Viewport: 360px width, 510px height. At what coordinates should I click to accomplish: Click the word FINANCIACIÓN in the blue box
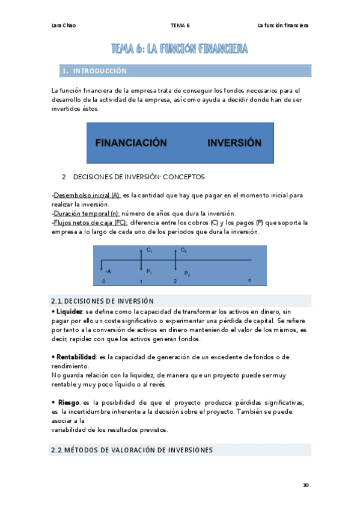point(130,143)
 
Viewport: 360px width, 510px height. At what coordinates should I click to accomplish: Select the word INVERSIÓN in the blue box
point(234,143)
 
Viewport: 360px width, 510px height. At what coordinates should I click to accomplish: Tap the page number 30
point(306,485)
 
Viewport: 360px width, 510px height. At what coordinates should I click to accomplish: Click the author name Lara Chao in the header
point(64,26)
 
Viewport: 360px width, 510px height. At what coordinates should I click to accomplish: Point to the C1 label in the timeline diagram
point(149,250)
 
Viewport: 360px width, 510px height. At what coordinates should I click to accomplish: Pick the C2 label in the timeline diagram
point(183,250)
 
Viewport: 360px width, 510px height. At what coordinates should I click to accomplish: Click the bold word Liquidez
point(69,312)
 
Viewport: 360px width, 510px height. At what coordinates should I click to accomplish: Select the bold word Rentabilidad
point(75,357)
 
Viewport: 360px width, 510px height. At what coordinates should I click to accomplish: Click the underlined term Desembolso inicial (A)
point(87,195)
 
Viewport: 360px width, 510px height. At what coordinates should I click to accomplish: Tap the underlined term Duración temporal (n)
point(87,214)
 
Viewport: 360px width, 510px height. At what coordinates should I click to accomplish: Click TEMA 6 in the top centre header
point(180,26)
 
